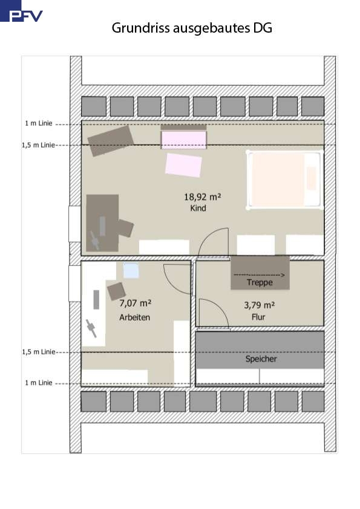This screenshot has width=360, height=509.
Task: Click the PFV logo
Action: [x=21, y=11]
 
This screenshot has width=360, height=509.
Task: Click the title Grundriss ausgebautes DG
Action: [x=192, y=28]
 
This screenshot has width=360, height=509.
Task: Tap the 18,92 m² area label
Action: [x=203, y=196]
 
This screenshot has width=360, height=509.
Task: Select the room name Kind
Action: [x=198, y=208]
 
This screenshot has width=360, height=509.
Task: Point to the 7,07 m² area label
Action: [x=135, y=303]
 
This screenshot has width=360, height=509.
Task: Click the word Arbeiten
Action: [x=134, y=317]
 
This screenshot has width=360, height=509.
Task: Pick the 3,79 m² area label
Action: [x=260, y=305]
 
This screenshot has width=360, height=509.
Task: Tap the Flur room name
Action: [x=258, y=317]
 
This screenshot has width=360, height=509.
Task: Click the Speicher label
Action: [x=261, y=359]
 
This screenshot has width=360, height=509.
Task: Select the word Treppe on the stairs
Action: [x=260, y=282]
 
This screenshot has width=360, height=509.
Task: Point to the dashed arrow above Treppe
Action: [x=260, y=275]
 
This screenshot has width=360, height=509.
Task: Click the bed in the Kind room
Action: [x=284, y=180]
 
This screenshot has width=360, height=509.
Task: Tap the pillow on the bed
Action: [x=312, y=178]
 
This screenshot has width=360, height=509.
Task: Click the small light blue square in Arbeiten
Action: [x=131, y=270]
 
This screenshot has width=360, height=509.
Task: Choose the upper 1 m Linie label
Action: [x=39, y=123]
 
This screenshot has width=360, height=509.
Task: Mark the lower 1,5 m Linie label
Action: [x=39, y=352]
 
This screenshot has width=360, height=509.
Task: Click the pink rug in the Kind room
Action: [x=183, y=165]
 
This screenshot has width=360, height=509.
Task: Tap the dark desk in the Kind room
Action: [x=102, y=223]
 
